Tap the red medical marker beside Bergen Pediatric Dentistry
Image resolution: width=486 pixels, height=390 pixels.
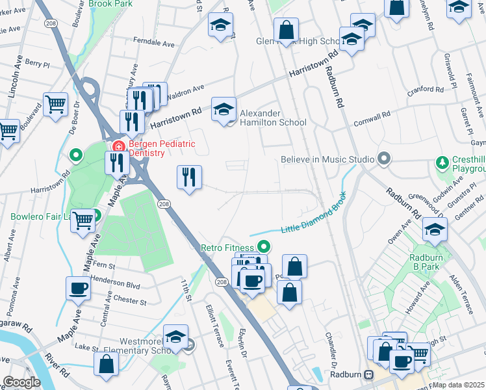118,144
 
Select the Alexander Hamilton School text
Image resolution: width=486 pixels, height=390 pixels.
273,118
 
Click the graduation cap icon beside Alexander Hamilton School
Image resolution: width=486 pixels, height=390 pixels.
224,109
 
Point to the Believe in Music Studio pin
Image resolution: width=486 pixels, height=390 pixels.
384,159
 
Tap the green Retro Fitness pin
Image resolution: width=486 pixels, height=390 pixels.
263,246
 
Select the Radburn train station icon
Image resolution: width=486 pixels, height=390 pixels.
368,375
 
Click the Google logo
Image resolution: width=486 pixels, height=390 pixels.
21,382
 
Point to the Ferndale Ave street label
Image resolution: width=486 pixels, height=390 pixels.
154,44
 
